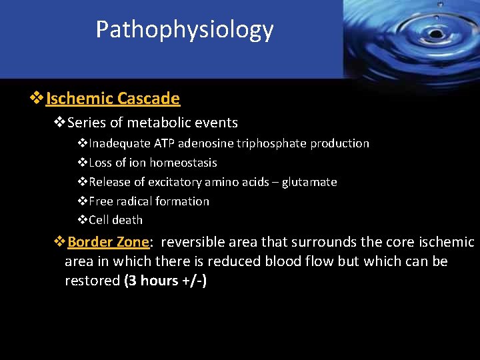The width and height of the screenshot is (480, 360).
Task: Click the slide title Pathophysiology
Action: coord(184,30)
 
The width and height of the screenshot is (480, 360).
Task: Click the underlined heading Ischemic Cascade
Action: coord(113,99)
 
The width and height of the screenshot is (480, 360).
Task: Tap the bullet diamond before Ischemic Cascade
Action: coord(37,99)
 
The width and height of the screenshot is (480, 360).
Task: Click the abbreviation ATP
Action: coord(165,143)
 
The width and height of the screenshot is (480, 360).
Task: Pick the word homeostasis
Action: coord(183,163)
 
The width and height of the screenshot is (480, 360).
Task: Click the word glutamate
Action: coord(309,182)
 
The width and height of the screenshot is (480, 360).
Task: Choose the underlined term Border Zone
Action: coord(108,241)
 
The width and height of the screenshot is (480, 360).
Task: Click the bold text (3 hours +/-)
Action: coord(165,281)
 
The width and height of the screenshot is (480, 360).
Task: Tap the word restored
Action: coord(92,281)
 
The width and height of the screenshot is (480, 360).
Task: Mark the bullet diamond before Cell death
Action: coord(83,220)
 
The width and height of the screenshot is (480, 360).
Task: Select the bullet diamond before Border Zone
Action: coord(59,241)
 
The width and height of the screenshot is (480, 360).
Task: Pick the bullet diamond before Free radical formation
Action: coord(83,201)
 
